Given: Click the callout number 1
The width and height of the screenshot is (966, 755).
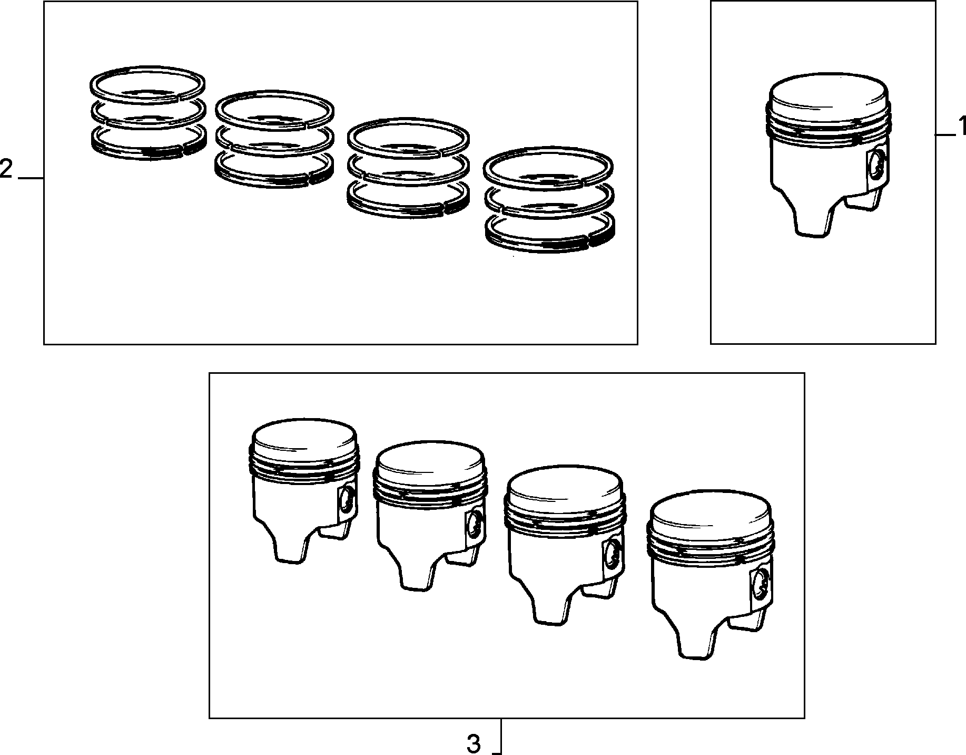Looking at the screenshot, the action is click(960, 127).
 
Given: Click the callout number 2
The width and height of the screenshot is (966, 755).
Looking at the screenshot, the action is click(6, 170).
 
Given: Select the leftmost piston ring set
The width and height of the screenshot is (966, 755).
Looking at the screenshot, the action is click(147, 113).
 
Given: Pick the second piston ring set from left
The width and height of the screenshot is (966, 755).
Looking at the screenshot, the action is click(275, 139).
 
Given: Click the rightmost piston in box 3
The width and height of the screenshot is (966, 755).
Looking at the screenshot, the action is click(711, 575).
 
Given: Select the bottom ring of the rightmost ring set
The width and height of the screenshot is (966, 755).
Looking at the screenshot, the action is click(550, 233).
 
